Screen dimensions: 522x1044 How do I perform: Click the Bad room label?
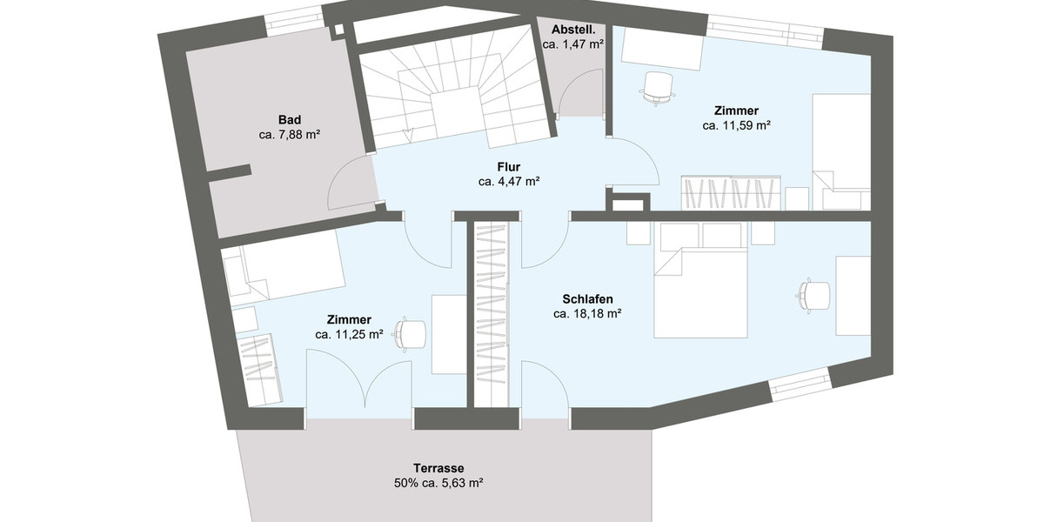click(x=290, y=119)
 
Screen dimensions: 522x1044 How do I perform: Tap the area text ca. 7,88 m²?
click(x=290, y=135)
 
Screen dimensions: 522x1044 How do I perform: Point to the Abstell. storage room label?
click(x=572, y=29)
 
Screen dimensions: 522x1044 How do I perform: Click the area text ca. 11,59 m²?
click(x=736, y=126)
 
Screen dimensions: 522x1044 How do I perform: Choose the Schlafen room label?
click(x=587, y=298)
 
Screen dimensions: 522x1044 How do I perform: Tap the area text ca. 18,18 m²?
click(x=587, y=314)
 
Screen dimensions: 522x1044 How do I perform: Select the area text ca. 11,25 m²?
click(x=350, y=334)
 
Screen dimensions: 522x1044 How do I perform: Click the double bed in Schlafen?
click(x=700, y=287)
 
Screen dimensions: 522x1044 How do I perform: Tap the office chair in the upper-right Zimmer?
click(x=658, y=87)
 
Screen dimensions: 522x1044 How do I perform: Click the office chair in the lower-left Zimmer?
click(x=410, y=332)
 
